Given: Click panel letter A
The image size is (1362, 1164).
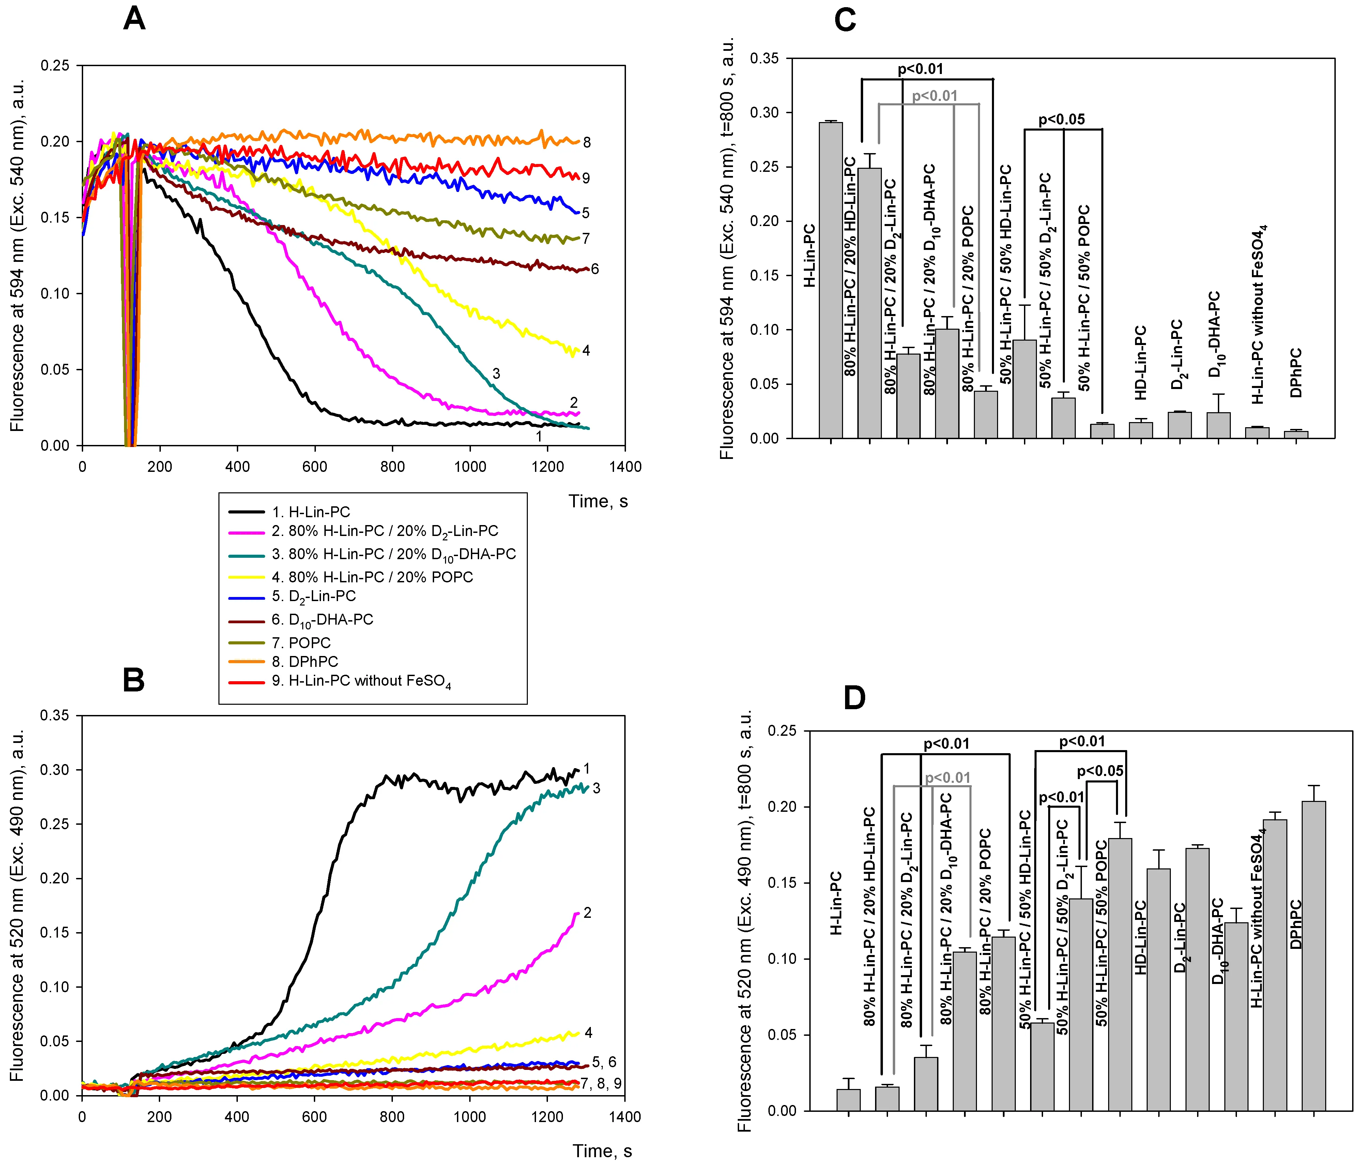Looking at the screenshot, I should (x=134, y=18).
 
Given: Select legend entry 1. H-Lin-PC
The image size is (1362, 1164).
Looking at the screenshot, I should (x=310, y=512).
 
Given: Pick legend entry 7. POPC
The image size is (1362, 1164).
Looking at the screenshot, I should (x=309, y=642).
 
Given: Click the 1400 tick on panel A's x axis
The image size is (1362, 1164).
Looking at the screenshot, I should (x=625, y=467).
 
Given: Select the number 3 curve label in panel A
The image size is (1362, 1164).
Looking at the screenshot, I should (x=496, y=374).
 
